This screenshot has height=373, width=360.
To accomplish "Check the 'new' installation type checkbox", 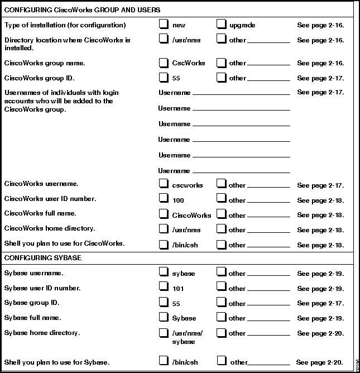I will (163, 24).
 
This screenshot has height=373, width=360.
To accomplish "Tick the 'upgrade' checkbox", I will (221, 24).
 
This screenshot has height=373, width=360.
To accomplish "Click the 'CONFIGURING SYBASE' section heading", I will (43, 258).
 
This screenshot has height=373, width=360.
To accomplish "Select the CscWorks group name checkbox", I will (163, 63).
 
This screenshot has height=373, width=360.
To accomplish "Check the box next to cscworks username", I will (163, 183).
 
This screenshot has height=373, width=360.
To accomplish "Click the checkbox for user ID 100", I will (163, 198).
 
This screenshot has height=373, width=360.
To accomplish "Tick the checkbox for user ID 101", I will (163, 286).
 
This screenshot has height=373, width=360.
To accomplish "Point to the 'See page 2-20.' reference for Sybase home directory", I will (320, 333).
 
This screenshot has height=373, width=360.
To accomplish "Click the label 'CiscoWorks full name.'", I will (40, 213).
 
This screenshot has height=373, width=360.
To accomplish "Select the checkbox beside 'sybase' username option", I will (163, 272).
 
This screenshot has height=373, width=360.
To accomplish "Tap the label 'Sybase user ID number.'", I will (42, 288).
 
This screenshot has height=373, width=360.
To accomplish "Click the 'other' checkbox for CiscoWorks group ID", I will (221, 78).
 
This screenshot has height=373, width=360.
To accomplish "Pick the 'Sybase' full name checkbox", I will (163, 317).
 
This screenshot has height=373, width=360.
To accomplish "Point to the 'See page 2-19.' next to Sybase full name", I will (320, 318).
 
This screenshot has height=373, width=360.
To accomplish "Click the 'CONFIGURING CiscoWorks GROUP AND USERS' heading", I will (82, 10).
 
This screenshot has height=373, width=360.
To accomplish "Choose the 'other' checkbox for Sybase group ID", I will (221, 302).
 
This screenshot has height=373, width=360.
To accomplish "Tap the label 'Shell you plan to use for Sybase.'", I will (56, 362).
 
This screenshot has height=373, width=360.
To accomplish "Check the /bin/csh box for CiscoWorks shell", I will (163, 243).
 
